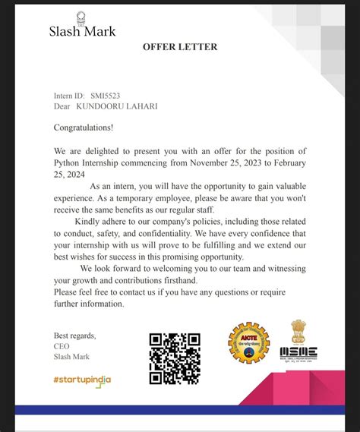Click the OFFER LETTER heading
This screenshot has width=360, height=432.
[x=180, y=47]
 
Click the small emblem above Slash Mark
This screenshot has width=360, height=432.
[x=81, y=17]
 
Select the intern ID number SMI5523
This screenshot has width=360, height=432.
[x=106, y=96]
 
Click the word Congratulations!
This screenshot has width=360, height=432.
[x=84, y=128]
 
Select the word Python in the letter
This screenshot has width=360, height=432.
[x=70, y=162]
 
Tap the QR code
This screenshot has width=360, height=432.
[x=175, y=358]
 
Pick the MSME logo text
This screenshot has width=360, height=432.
[x=298, y=352]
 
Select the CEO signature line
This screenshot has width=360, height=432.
[x=62, y=345]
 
